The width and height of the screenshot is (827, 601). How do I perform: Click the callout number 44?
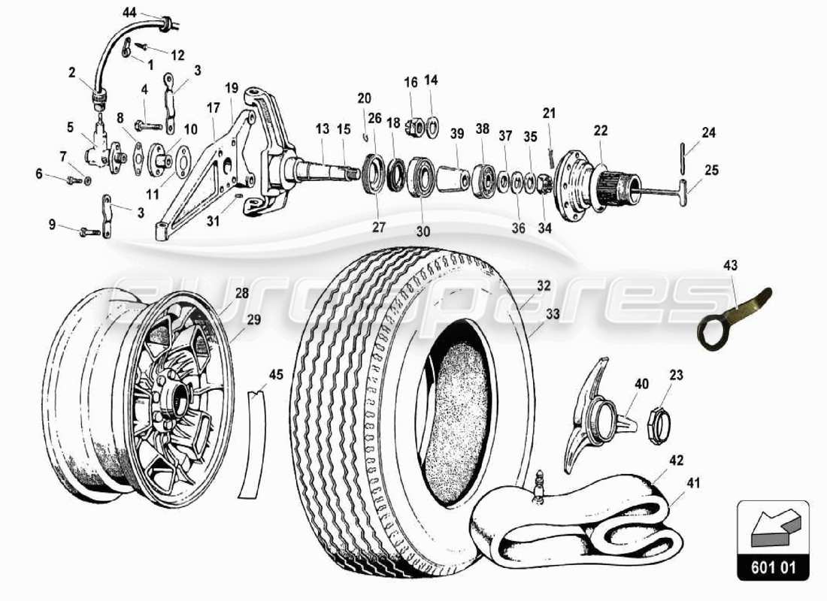tap(130, 13)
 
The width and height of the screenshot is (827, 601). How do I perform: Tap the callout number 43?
tap(731, 265)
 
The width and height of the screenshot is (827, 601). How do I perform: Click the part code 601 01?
tap(772, 565)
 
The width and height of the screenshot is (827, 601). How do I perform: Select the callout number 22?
tap(600, 130)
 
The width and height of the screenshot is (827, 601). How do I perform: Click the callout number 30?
tap(423, 232)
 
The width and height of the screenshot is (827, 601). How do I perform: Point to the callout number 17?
tap(214, 108)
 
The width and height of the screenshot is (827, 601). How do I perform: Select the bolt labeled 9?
tap(89, 231)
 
